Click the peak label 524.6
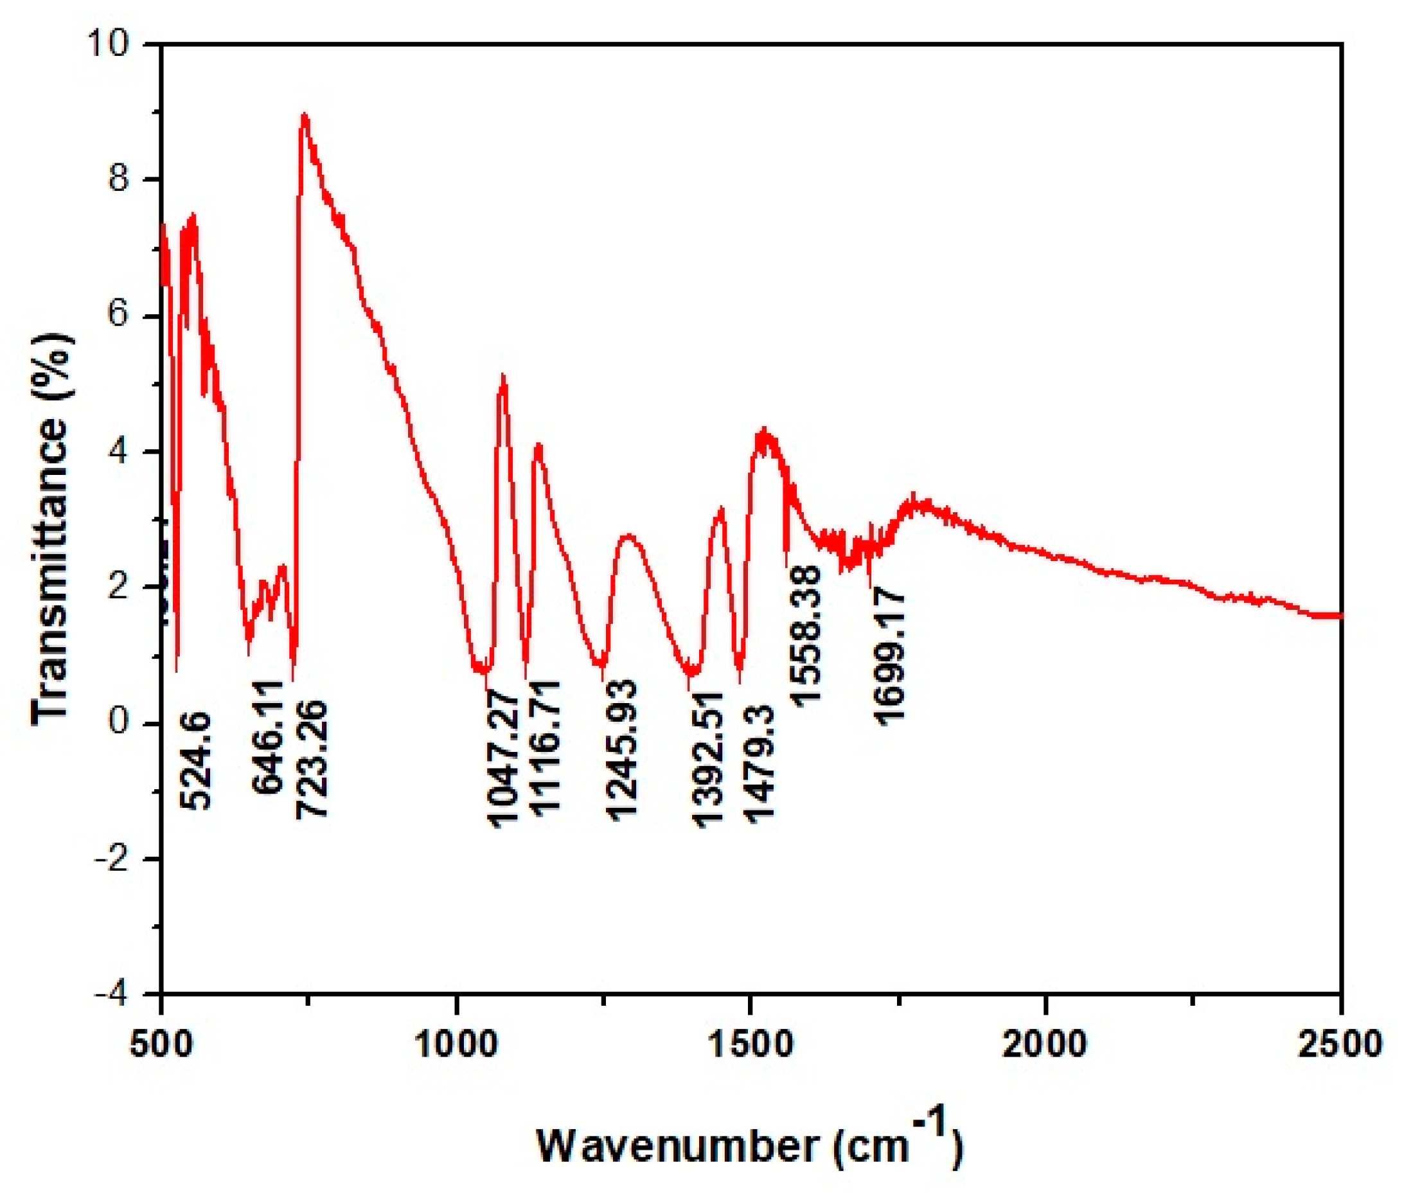coord(196,761)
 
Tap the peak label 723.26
coord(312,760)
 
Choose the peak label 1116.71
coord(546,749)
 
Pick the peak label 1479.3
coord(759,763)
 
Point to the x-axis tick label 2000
coord(1045,1044)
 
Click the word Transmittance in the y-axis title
coord(51,569)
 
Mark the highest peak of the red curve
coord(305,115)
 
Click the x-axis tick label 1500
coord(751,1044)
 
